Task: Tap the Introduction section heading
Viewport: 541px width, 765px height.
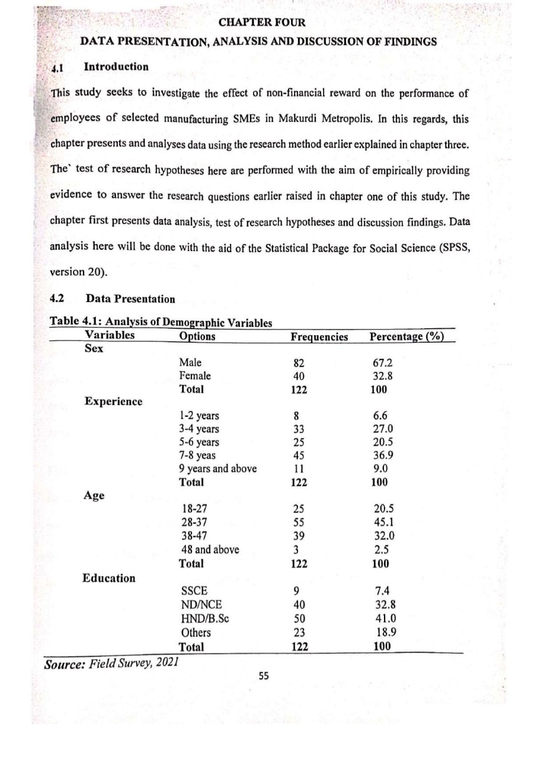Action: [x=116, y=66]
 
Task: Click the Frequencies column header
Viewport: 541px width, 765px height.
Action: [x=319, y=336]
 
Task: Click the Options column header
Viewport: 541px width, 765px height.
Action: [x=197, y=336]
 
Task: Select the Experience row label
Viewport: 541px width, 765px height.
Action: [x=113, y=401]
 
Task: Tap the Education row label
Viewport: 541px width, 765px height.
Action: [x=109, y=577]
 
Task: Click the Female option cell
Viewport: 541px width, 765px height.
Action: [x=194, y=376]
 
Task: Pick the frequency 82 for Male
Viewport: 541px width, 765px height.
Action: [x=300, y=363]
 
